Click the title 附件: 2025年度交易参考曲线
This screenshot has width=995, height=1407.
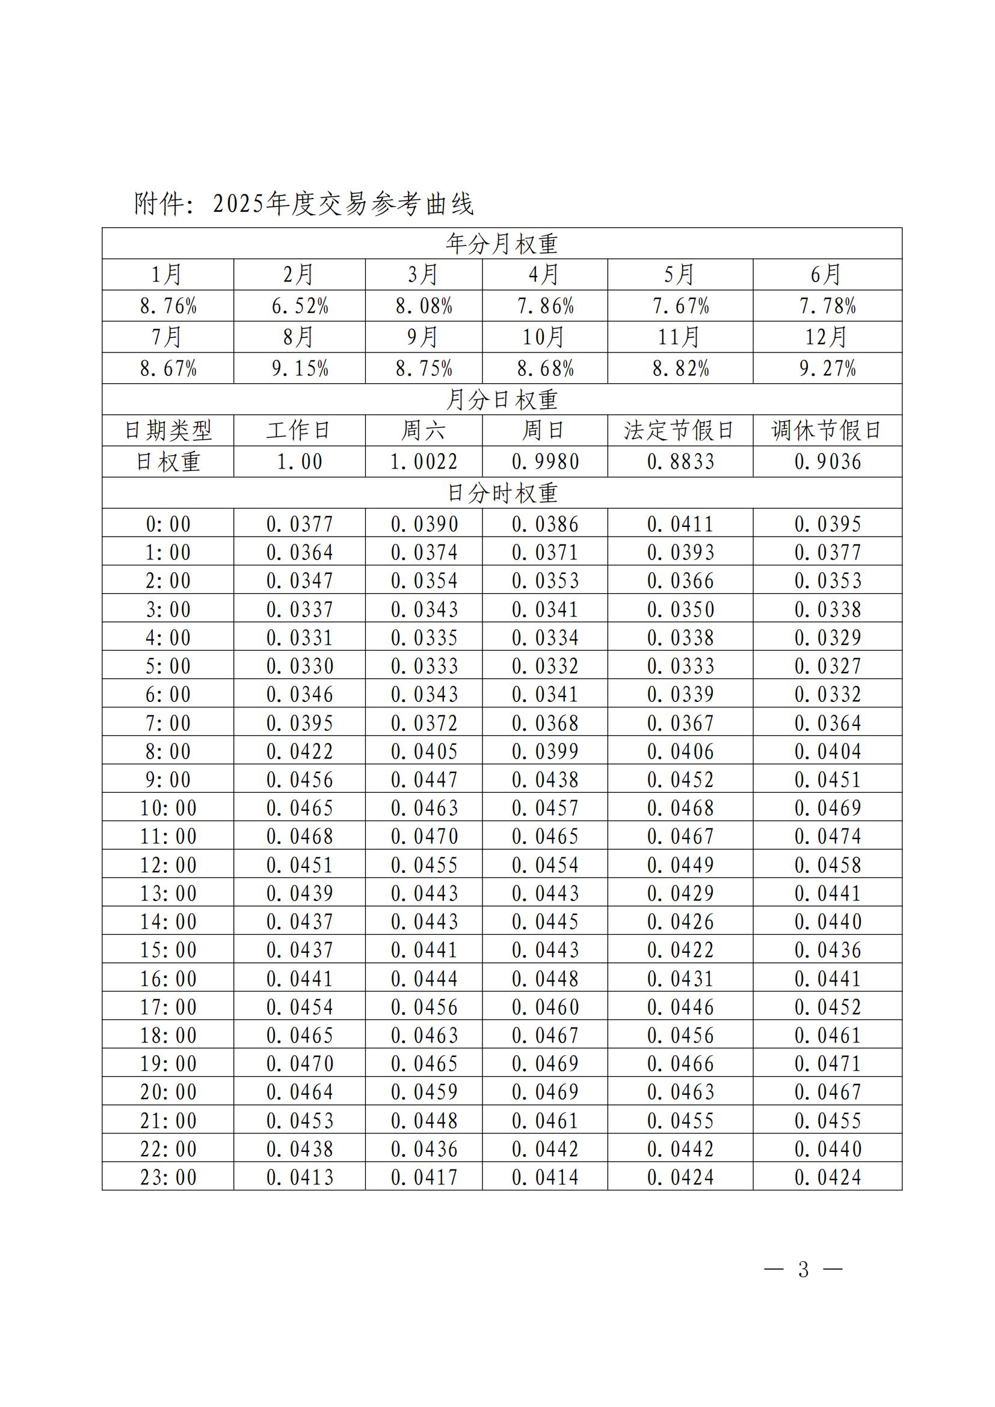tap(304, 203)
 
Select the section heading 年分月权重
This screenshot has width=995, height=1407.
tap(501, 244)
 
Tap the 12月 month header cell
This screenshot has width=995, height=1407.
tap(827, 337)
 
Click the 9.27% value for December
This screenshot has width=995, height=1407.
tap(827, 368)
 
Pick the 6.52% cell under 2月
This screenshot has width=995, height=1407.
tap(300, 306)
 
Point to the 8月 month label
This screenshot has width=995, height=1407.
tap(299, 337)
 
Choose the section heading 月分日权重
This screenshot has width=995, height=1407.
tap(501, 400)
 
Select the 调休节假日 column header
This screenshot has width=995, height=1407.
tap(827, 431)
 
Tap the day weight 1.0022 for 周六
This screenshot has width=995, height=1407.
tap(424, 462)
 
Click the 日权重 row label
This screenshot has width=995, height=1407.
tap(168, 462)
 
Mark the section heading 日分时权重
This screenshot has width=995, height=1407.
tap(501, 493)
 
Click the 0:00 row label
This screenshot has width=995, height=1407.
tap(168, 525)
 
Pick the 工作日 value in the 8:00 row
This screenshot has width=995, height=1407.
tap(300, 751)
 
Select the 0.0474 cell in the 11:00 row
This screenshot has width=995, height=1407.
tap(828, 837)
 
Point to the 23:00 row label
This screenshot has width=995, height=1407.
tap(168, 1177)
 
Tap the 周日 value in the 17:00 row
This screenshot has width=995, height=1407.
tap(545, 1007)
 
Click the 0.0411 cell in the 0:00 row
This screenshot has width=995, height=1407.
tap(680, 525)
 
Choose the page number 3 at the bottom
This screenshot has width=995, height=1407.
tap(803, 1269)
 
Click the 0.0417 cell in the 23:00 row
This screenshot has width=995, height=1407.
tap(424, 1177)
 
